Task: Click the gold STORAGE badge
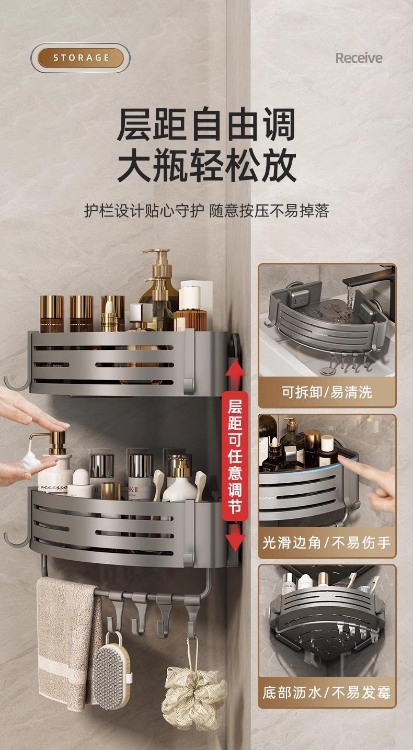pyautogui.click(x=81, y=58)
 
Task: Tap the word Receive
pyautogui.click(x=359, y=58)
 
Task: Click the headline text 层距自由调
pyautogui.click(x=206, y=124)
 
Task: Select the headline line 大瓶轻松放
pyautogui.click(x=206, y=165)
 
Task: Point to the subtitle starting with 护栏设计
pyautogui.click(x=206, y=211)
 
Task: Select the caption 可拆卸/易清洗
pyautogui.click(x=327, y=392)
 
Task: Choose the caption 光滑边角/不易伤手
pyautogui.click(x=327, y=543)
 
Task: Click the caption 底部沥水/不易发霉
pyautogui.click(x=327, y=693)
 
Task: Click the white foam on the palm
pyautogui.click(x=30, y=458)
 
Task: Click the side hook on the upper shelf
pyautogui.click(x=16, y=382)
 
